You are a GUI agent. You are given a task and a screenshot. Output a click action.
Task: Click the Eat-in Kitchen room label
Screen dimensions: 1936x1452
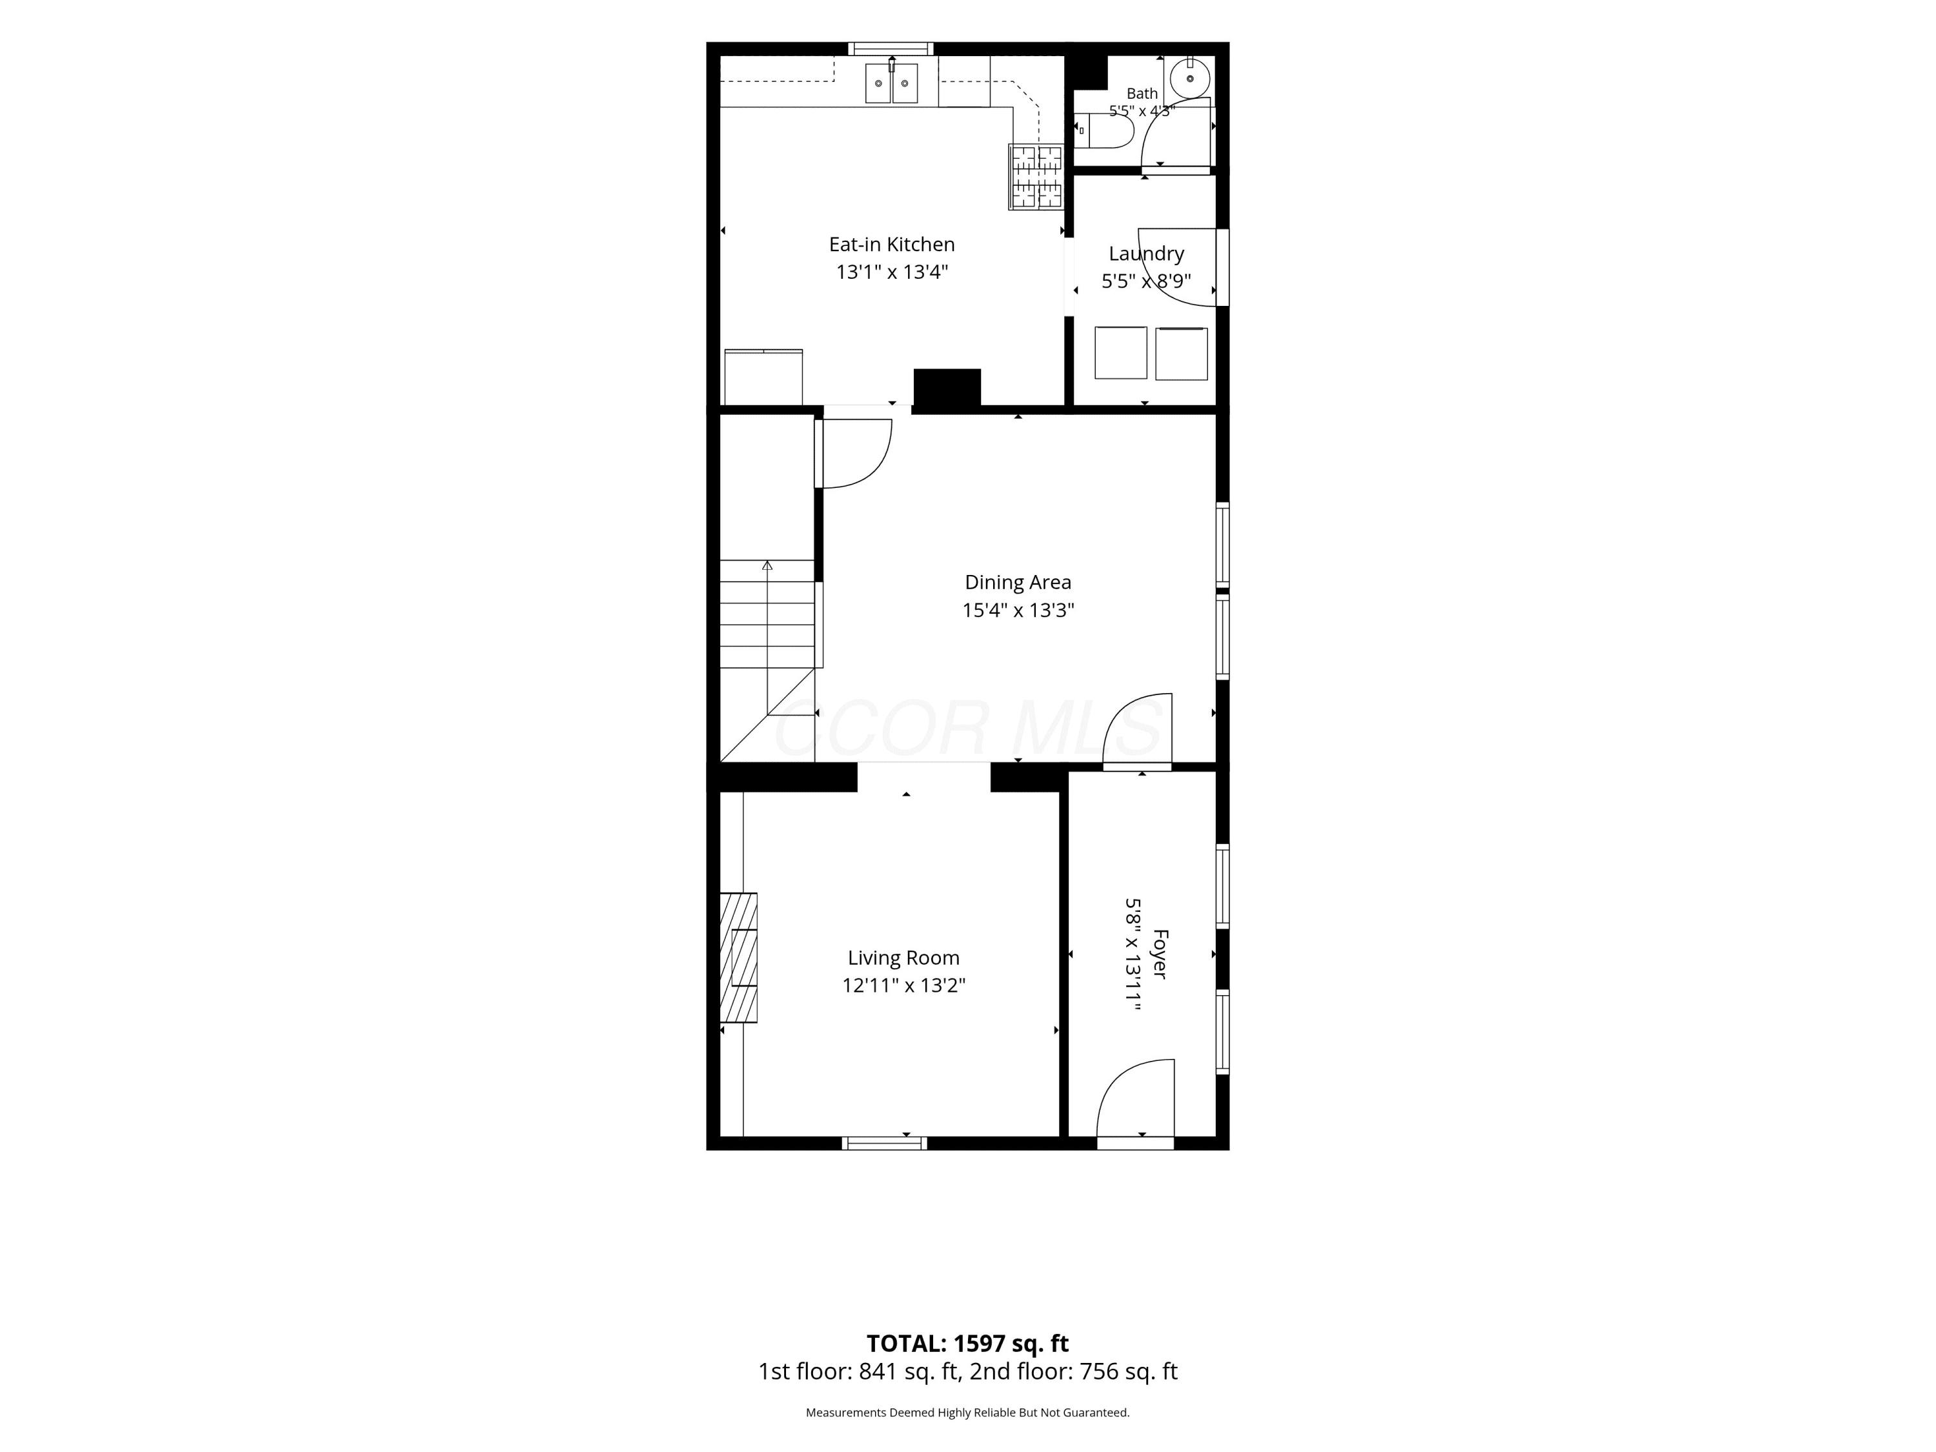[x=892, y=244]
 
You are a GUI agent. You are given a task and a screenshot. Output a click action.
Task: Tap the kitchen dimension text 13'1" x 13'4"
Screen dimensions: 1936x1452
[x=892, y=272]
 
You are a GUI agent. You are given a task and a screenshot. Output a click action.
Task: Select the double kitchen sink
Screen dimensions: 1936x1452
[x=892, y=83]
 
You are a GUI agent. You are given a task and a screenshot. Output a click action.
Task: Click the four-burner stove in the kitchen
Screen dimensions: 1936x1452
[x=1036, y=177]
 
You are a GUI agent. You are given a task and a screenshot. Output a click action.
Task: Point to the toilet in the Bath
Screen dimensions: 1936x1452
[x=1105, y=131]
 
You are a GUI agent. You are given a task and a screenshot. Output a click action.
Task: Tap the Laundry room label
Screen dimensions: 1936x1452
[x=1147, y=254]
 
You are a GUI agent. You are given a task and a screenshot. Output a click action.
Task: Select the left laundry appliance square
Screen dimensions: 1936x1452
[x=1120, y=353]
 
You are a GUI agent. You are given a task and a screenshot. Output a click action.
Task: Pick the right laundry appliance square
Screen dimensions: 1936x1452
[x=1182, y=354]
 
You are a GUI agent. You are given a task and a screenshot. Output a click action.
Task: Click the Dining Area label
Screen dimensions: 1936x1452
[x=1018, y=582]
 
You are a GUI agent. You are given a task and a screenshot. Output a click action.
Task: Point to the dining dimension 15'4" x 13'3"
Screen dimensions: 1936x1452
[x=1018, y=610]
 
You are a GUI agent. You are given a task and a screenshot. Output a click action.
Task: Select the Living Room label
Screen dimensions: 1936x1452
[x=903, y=958]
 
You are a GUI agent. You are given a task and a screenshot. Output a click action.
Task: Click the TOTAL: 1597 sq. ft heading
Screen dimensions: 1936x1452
[x=968, y=1344]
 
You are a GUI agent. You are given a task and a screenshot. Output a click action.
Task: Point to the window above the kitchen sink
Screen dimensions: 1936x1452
[x=892, y=48]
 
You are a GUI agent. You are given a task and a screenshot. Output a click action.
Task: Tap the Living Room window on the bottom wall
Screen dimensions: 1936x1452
[x=884, y=1143]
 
